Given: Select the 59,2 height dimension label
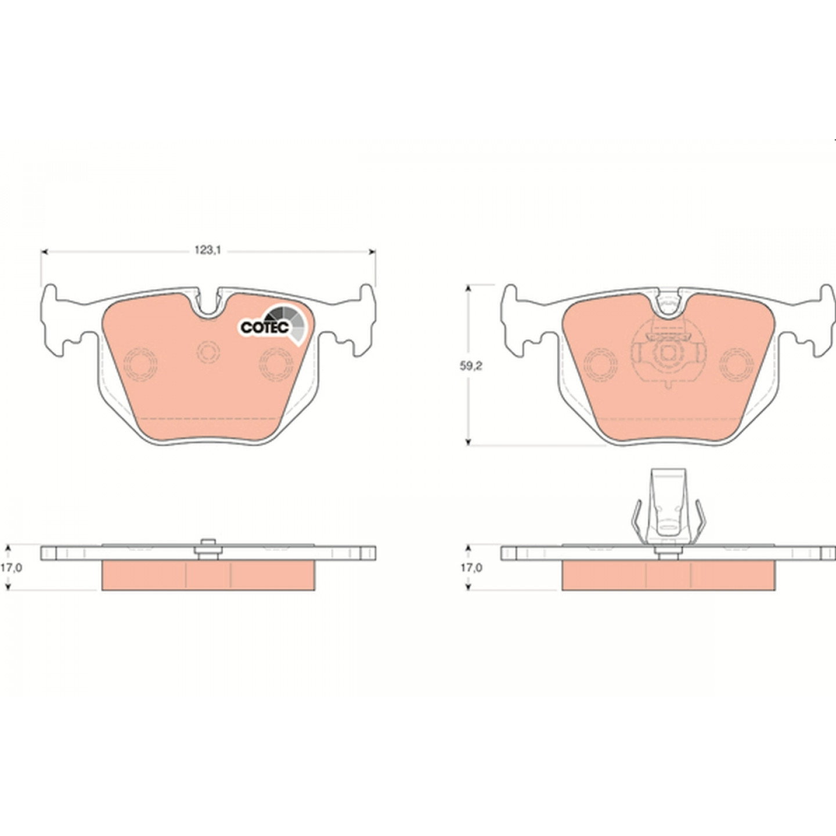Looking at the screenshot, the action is (471, 366).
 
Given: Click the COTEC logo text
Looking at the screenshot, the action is (265, 327).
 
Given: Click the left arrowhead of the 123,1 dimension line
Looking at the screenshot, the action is (44, 251).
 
